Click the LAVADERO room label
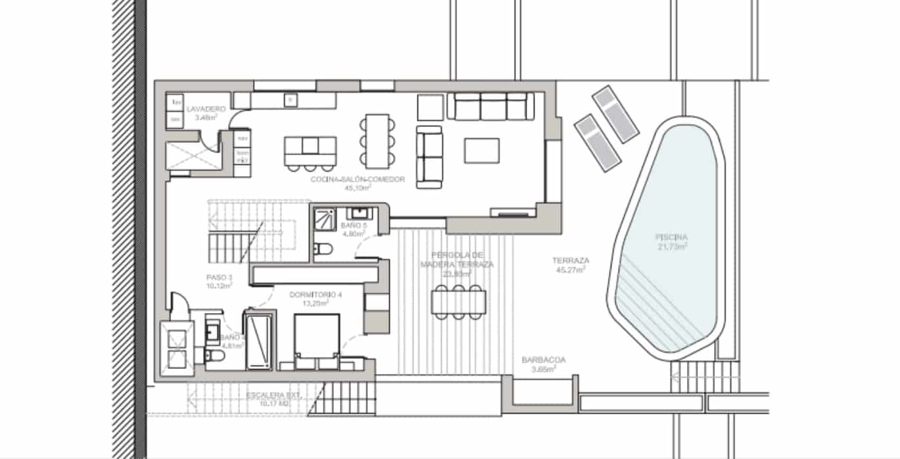206,109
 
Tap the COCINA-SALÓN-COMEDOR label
358,179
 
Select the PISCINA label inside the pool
671,237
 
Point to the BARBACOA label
543,360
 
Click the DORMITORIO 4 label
316,295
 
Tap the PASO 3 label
219,278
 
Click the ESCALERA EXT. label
273,395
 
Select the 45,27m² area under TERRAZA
571,270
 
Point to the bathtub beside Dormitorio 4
258,340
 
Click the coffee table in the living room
481,151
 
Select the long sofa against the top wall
490,106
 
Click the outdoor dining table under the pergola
459,301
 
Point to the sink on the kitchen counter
289,99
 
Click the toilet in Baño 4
213,356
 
